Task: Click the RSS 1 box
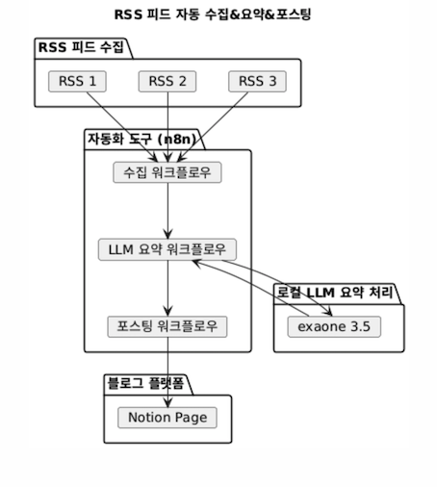77,82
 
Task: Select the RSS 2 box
167,82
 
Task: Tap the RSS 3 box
257,82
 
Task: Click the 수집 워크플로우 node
167,172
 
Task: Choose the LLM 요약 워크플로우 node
167,249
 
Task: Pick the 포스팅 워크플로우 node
167,326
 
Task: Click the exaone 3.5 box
334,326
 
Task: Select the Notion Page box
167,418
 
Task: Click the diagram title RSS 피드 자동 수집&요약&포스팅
213,14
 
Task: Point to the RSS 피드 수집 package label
81,47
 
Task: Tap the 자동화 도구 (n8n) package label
141,139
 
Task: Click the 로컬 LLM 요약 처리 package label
335,293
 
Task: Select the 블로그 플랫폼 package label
145,383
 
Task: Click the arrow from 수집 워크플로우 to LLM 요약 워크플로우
167,211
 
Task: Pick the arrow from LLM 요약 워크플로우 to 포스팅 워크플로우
167,289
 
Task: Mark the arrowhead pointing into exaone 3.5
328,312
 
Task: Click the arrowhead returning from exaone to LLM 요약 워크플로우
196,264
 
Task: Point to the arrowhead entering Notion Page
167,402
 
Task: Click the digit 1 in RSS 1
92,81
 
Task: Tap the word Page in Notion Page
192,418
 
